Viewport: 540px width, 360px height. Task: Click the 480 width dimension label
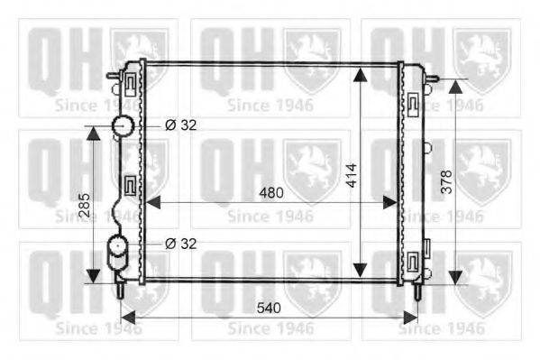point(271,193)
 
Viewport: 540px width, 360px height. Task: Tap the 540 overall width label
point(269,308)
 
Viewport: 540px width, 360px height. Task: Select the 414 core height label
point(352,176)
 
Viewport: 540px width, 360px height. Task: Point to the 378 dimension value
point(446,181)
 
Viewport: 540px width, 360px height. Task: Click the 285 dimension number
point(85,205)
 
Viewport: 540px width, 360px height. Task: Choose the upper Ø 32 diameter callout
point(181,125)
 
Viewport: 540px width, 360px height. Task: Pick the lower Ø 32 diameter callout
point(181,244)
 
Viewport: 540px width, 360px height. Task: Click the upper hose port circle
point(123,125)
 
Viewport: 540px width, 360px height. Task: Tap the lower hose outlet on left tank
point(117,253)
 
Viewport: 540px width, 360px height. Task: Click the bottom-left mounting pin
point(121,290)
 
